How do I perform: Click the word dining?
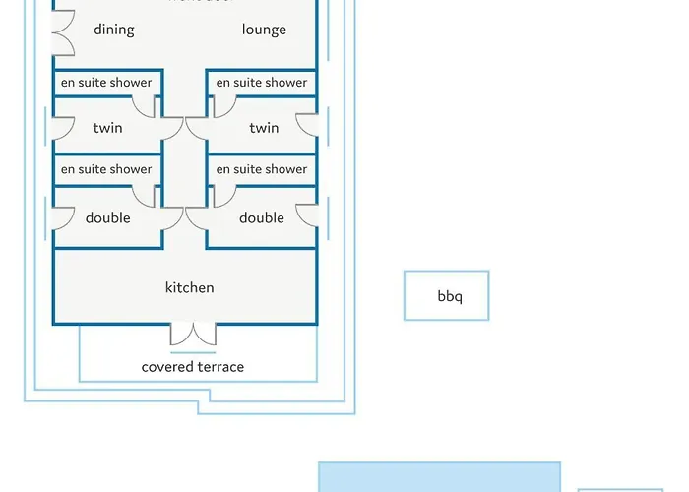114,30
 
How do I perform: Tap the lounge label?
264,30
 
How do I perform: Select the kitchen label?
189,287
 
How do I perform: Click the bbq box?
446,295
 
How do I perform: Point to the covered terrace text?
193,367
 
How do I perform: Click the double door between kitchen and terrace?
193,335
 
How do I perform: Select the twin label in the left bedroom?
107,128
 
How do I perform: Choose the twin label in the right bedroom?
264,128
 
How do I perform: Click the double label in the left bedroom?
107,217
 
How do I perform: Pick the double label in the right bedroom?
262,217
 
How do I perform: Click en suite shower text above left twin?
106,83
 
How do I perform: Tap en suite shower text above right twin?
262,83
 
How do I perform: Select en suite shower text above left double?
106,169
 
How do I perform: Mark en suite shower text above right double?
262,169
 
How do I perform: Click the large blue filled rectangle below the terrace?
439,477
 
